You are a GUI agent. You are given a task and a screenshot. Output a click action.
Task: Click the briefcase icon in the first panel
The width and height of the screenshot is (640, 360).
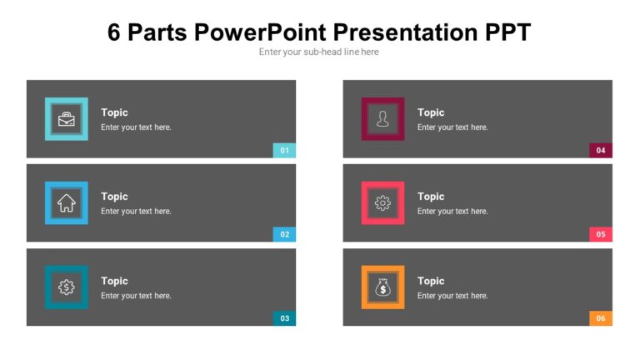coord(66,119)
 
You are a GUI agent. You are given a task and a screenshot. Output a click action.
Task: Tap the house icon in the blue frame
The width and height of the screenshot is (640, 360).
coord(66,202)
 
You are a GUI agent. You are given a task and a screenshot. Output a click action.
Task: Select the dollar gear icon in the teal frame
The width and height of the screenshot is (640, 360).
coord(66,287)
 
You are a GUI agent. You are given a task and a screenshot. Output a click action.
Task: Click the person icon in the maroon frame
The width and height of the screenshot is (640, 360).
coord(382,119)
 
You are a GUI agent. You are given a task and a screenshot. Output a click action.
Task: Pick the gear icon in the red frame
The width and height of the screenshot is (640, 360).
coord(382,202)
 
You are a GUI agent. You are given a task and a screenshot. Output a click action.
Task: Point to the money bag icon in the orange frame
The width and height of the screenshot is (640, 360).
coord(382,287)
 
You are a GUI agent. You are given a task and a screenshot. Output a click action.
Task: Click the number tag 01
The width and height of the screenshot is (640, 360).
coord(284,151)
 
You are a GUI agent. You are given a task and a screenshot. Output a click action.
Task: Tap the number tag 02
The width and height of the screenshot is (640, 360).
coord(284,234)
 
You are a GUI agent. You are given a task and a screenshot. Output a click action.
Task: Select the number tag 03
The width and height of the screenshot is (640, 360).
coord(284,318)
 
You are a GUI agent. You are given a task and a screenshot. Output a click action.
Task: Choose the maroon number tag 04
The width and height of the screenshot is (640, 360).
coord(601,151)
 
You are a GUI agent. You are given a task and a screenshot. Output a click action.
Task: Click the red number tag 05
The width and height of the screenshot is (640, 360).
coord(601,234)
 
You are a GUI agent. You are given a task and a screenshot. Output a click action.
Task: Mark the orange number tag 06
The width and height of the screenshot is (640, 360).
coord(601,318)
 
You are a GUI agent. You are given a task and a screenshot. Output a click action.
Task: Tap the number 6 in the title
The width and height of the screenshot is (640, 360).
coord(115,32)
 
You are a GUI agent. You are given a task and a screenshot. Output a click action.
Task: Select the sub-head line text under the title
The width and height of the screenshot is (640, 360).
coord(319,52)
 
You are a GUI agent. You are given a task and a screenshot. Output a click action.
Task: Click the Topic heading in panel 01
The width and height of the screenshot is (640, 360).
coord(114,112)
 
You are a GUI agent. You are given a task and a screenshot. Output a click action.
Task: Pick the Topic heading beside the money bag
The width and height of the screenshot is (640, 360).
coord(431,281)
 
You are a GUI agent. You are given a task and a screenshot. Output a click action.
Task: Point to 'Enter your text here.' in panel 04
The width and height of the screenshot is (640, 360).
coord(452,127)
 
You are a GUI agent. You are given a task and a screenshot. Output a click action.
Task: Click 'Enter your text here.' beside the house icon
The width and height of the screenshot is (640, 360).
coord(136,212)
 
